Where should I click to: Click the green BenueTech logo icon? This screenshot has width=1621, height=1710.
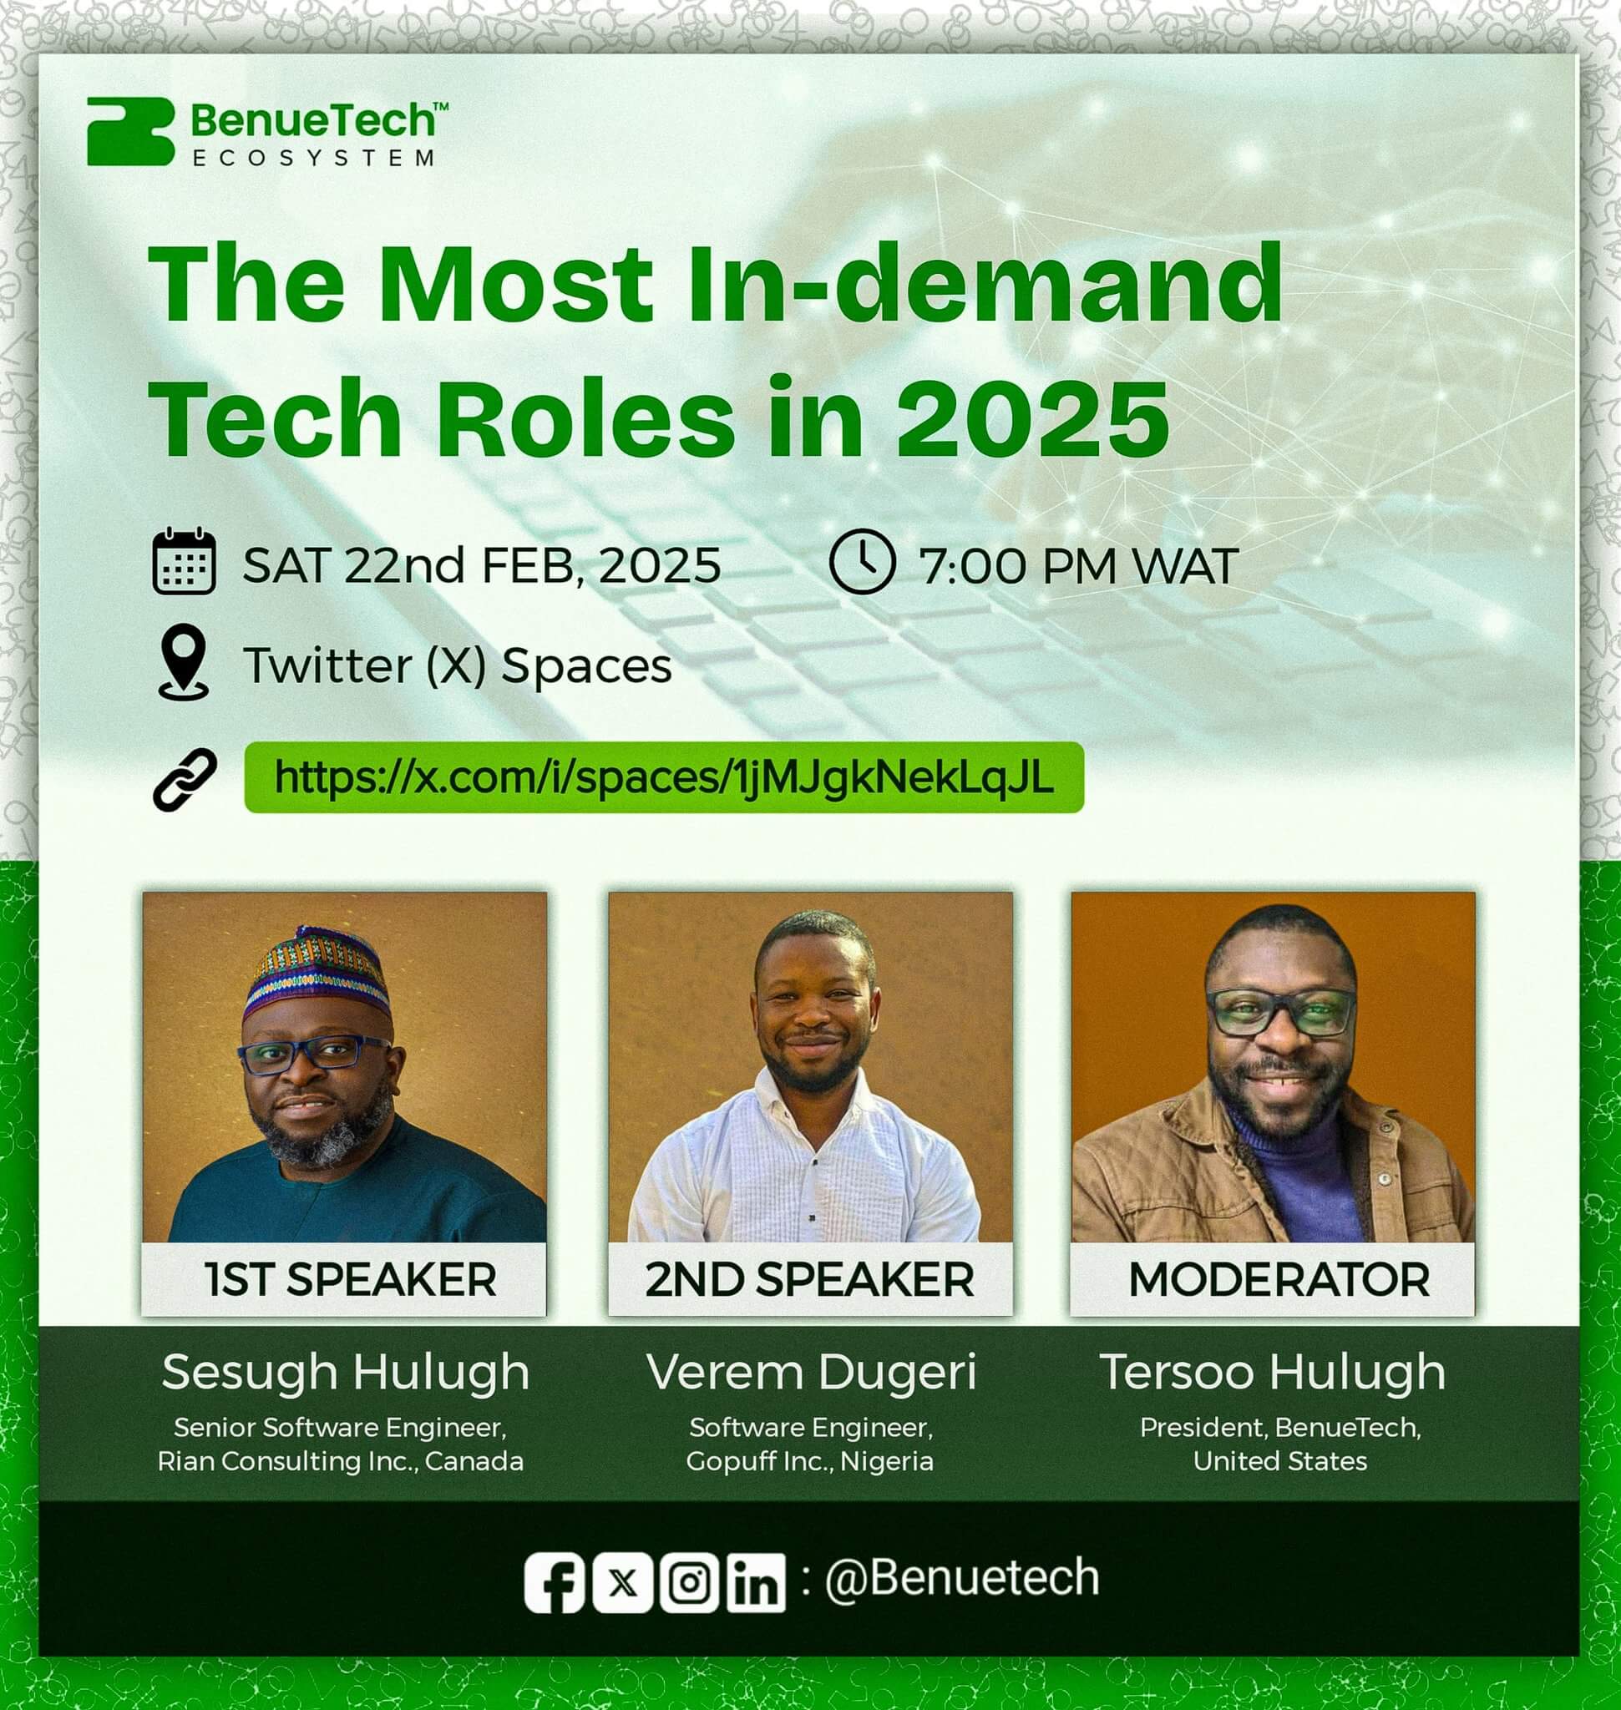pos(130,131)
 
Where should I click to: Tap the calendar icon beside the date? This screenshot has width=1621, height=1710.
pos(184,561)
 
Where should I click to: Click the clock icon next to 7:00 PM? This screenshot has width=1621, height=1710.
pos(862,563)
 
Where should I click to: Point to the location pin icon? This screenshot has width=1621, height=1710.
pos(183,662)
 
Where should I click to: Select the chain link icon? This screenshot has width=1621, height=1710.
pos(185,778)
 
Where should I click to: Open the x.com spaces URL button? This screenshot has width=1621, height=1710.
pos(664,777)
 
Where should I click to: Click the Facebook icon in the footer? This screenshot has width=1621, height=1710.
pos(555,1584)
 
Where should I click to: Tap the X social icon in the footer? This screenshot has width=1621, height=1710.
pos(622,1584)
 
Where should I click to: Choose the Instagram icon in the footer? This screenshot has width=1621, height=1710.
pos(689,1584)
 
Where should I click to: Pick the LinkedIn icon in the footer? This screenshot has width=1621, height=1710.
pos(756,1584)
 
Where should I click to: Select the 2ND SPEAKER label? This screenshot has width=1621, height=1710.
pos(809,1280)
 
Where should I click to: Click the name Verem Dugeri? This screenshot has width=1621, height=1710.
pos(812,1371)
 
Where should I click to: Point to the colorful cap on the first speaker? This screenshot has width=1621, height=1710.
pos(317,973)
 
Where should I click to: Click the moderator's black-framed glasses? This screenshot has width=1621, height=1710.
pos(1280,1012)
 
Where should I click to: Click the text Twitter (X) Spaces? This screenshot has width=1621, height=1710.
pos(457,665)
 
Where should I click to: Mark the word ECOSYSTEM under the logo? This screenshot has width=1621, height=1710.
pos(313,158)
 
